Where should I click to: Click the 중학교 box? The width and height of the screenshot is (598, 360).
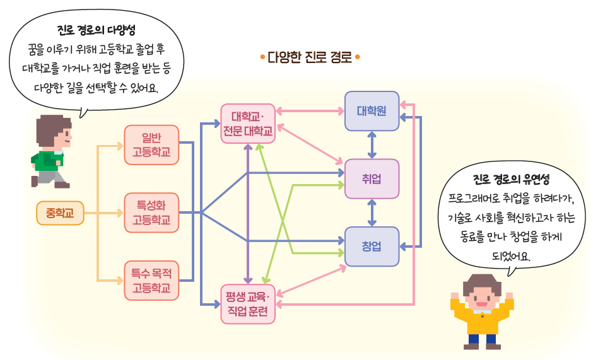(x=60, y=213)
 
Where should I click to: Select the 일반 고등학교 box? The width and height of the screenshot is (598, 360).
(x=151, y=145)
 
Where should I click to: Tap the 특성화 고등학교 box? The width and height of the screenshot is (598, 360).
(x=151, y=212)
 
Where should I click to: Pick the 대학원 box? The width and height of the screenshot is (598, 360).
(x=372, y=111)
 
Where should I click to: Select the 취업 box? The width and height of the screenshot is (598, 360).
(x=372, y=179)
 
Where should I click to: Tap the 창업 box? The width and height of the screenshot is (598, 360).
(x=372, y=247)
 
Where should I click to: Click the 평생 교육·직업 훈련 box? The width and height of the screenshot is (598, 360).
(x=248, y=304)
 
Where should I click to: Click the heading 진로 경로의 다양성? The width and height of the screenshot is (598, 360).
(x=97, y=30)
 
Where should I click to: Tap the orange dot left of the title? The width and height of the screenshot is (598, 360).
(x=262, y=57)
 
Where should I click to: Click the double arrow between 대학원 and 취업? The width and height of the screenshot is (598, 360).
(x=372, y=145)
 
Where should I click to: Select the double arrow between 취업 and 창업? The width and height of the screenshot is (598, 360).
(x=372, y=213)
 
